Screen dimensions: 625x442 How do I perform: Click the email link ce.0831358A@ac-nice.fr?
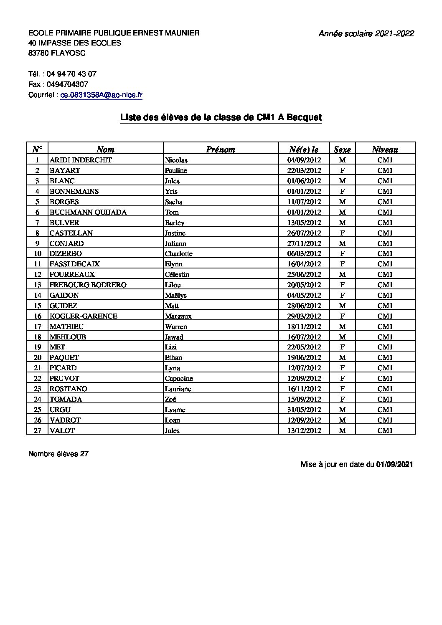coord(102,95)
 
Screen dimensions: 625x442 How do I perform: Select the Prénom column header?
coord(221,149)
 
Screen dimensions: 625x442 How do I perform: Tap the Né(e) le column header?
coord(304,149)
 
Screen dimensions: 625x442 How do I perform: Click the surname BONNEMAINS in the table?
coord(74,191)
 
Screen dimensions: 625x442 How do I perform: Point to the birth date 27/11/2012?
coord(304,243)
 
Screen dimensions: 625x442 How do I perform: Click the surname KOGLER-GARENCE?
coord(83,316)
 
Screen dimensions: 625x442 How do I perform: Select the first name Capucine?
coord(179,378)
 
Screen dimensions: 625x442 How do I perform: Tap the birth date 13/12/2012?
coord(304,430)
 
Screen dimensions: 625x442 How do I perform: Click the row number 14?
coord(38,295)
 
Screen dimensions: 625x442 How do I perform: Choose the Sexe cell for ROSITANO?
coord(342,389)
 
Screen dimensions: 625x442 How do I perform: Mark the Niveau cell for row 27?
coord(385,430)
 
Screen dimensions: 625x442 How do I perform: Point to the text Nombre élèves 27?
coord(58,454)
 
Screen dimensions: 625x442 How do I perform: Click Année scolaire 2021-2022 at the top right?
coord(366,34)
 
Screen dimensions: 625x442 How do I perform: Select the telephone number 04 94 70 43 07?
coord(71,74)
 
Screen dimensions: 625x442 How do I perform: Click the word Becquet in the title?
coord(304,118)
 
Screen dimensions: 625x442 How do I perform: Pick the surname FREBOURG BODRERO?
coord(88,285)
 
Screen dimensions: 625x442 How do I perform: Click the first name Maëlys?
coord(176,295)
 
